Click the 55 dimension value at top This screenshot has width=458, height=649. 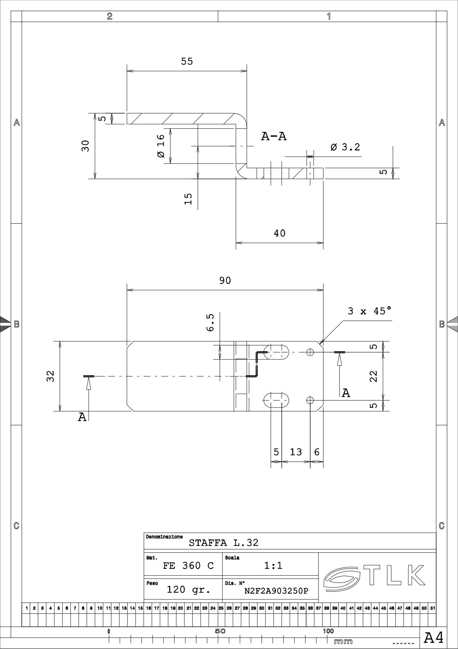click(x=187, y=61)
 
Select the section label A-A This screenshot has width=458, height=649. click(x=274, y=136)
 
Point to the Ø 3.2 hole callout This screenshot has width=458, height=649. click(x=345, y=147)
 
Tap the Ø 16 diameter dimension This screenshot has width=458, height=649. click(x=161, y=146)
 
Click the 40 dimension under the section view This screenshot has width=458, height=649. click(x=280, y=233)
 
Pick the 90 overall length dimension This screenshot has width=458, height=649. click(x=225, y=281)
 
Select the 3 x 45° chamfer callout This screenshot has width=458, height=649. click(x=369, y=311)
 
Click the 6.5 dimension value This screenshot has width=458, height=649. click(x=210, y=323)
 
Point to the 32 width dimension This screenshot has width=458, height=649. click(x=51, y=376)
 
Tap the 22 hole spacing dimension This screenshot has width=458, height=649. click(x=374, y=376)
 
